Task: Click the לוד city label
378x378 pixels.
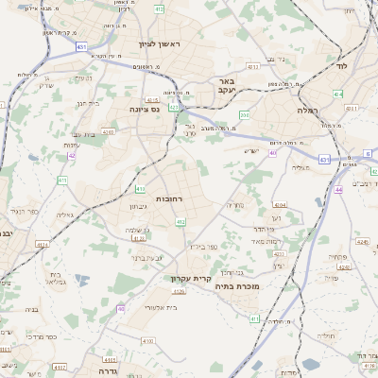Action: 342,67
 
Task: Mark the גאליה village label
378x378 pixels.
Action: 65,215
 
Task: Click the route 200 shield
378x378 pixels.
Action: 245,115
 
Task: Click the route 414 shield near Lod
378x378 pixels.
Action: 338,94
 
